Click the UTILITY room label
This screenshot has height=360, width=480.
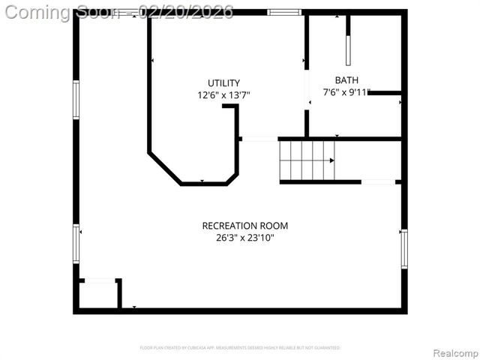224,82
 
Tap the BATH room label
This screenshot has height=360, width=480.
346,79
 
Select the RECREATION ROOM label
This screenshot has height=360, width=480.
244,225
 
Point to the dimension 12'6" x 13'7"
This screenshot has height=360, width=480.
223,95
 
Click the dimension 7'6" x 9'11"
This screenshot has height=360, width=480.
346,92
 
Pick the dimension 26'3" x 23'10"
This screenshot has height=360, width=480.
244,238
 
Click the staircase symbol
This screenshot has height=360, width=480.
306,160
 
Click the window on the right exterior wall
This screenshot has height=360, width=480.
403,249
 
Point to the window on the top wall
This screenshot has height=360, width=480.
284,12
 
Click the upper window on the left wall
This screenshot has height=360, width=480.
76,100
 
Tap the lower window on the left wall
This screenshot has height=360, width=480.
76,244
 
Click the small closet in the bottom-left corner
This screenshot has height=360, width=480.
98,294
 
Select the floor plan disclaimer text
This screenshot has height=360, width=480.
240,348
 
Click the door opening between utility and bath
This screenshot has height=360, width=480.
307,90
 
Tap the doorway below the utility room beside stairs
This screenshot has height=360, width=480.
259,139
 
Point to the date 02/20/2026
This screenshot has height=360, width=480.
190,12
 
